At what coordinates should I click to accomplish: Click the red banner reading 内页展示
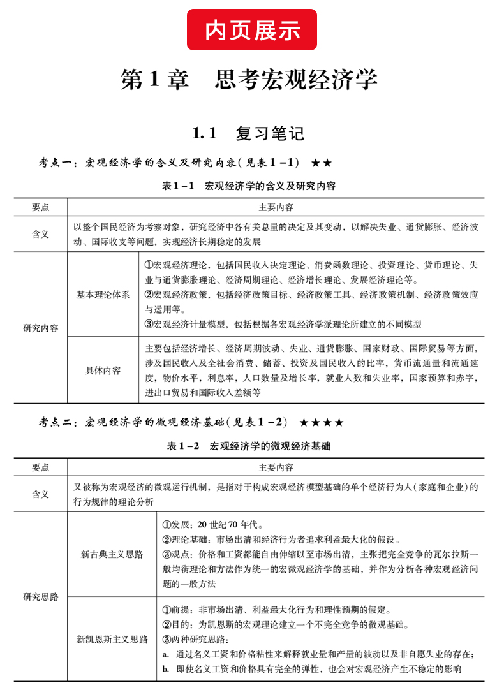pyautogui.click(x=252, y=29)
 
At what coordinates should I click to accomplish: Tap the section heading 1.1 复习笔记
pyautogui.click(x=249, y=133)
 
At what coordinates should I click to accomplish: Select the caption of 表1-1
pyautogui.click(x=249, y=186)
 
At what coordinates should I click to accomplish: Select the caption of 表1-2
pyautogui.click(x=249, y=446)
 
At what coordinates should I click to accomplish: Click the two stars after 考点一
pyautogui.click(x=322, y=164)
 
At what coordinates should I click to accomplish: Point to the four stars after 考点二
pyautogui.click(x=322, y=422)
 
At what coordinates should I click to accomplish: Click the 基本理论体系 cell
pyautogui.click(x=103, y=295)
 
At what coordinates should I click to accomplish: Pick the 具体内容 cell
pyautogui.click(x=103, y=370)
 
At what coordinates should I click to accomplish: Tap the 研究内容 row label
pyautogui.click(x=41, y=328)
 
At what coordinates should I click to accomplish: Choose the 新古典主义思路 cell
pyautogui.click(x=112, y=554)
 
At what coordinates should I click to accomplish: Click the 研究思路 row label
pyautogui.click(x=41, y=597)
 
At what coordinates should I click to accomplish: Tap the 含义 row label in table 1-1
pyautogui.click(x=41, y=234)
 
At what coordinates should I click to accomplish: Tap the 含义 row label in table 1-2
pyautogui.click(x=41, y=494)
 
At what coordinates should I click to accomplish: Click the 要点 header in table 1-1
pyautogui.click(x=41, y=207)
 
